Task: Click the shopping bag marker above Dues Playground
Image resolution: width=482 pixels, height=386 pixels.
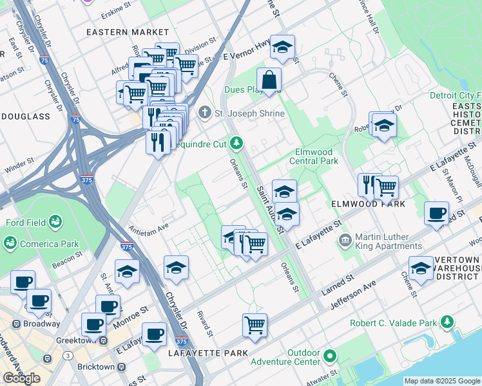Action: coord(269,81)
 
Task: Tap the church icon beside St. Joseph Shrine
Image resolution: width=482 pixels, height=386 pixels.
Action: coord(205,113)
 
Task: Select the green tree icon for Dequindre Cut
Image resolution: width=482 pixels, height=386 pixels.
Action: coord(237,142)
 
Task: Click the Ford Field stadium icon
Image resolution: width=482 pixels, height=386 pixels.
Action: coord(55,223)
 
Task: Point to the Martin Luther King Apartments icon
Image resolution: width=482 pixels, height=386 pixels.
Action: coord(345,241)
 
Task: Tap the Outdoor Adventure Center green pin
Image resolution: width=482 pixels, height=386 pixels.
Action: coord(330,356)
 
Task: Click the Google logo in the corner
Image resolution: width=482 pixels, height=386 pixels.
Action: coord(21,378)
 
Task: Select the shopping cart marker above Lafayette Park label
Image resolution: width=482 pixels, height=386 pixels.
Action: coord(255,325)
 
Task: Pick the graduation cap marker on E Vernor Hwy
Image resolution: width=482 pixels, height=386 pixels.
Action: coord(282,48)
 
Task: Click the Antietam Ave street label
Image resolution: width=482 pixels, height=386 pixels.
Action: coord(149,226)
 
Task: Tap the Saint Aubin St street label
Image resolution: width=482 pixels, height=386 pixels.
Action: coord(270,210)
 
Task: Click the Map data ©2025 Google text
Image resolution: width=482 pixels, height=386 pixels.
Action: coord(442,381)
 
